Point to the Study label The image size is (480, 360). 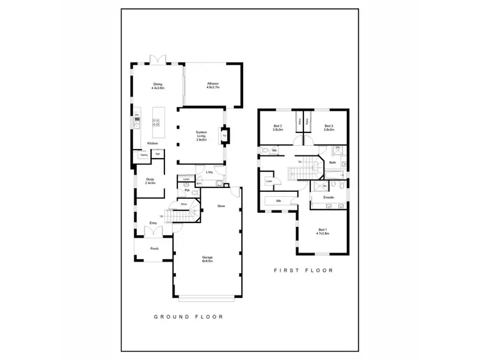150,181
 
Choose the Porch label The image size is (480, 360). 154,249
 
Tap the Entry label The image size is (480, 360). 154,223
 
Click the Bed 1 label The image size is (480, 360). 322,231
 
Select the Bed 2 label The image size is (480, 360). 278,127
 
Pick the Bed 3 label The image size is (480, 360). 329,127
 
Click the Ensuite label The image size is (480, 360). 328,197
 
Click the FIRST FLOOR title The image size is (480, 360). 303,270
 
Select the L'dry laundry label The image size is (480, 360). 209,173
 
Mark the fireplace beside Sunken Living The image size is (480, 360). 225,135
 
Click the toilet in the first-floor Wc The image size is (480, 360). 264,151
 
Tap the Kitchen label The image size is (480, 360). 152,143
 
